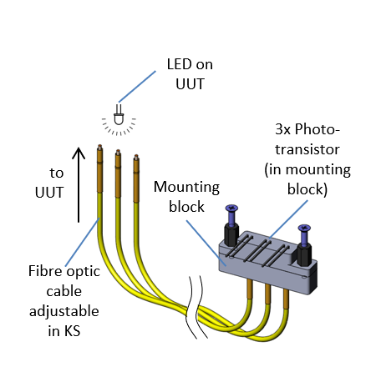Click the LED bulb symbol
(119, 116)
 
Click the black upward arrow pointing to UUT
(79, 184)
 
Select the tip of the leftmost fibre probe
(99, 146)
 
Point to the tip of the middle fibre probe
(118, 152)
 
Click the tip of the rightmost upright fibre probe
(136, 157)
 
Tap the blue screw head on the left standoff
(231, 208)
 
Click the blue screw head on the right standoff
(304, 228)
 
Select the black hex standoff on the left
(231, 235)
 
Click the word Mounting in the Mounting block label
(186, 188)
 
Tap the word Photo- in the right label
(318, 130)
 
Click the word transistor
(307, 149)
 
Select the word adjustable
(64, 311)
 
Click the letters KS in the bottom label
(72, 331)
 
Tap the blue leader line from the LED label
(137, 87)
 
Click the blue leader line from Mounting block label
(206, 242)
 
